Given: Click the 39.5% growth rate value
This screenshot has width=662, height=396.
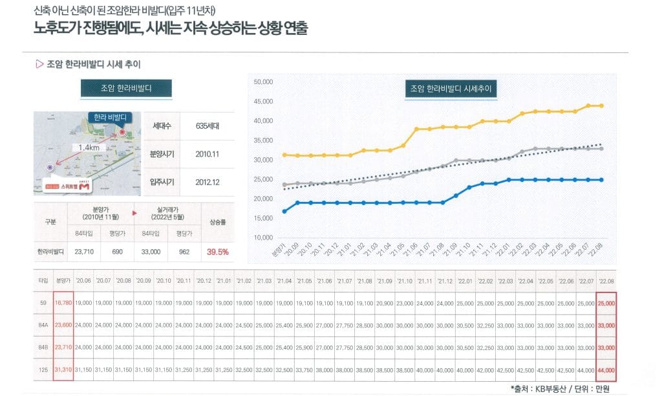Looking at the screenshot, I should (217, 252).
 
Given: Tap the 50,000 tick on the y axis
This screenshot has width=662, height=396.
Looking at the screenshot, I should (264, 82).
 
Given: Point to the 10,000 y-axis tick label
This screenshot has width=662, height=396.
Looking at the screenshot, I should (264, 237).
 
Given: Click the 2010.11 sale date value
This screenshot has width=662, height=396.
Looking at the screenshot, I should (208, 155).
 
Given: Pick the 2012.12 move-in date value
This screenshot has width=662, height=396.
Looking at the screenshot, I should (208, 182).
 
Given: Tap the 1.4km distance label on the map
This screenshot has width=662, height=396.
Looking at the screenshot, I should (86, 148).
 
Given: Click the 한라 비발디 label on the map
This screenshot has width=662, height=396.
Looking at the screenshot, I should (109, 118).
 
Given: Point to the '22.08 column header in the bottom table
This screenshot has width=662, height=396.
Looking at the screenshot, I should (606, 281).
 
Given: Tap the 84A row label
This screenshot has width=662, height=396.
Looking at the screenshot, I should (43, 325).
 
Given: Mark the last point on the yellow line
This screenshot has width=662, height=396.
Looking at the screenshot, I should (601, 105).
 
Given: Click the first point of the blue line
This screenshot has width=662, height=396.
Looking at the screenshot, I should (284, 211).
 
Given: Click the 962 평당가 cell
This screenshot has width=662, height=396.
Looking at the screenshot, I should (184, 252).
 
